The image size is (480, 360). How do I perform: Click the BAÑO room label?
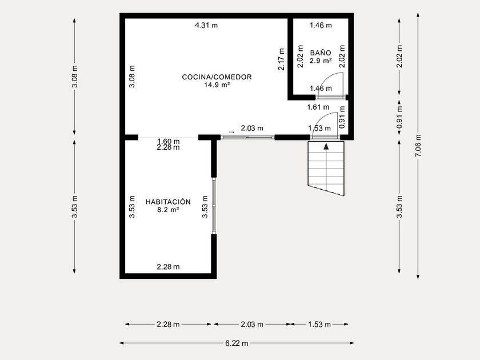[x=321, y=53]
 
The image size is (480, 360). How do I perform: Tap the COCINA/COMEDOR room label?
[x=217, y=77]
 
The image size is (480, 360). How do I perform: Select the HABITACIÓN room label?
[x=168, y=202]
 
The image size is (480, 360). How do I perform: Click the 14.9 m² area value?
[x=217, y=85]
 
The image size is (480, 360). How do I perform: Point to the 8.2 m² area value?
[x=168, y=210]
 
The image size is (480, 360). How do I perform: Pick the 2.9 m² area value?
[x=321, y=61]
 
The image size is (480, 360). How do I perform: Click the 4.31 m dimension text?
[x=206, y=25]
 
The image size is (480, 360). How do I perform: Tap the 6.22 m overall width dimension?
[x=237, y=343]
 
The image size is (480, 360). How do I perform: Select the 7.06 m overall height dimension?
[x=418, y=146]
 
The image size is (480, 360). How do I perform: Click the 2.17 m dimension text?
[x=281, y=59]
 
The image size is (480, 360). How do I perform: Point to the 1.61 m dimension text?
[x=318, y=107]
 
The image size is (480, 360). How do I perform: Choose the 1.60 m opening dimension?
[x=169, y=142]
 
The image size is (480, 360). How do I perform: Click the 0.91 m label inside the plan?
[x=342, y=117]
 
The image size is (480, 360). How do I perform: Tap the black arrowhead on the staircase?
[x=326, y=146]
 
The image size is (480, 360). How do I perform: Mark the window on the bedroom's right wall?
[x=214, y=206]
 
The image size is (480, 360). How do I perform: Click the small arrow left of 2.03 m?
[x=231, y=132]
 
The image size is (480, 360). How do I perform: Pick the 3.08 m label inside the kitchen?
[x=132, y=77]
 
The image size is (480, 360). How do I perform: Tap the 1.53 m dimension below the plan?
[x=319, y=324]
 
